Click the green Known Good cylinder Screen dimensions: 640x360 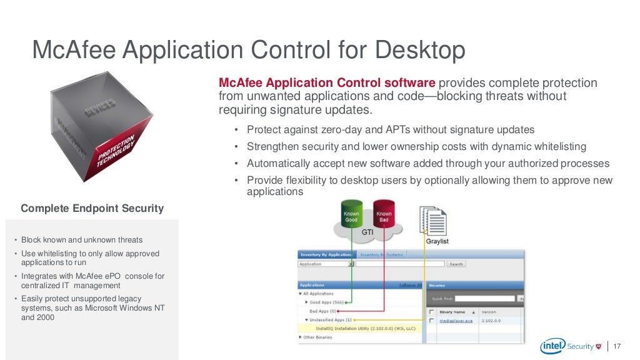click(351, 216)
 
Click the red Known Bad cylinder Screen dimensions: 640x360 click(384, 216)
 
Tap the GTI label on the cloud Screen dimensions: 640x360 click(367, 231)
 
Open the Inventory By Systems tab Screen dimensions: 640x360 click(381, 254)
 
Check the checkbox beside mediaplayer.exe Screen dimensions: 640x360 click(431, 320)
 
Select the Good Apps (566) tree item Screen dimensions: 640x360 click(327, 302)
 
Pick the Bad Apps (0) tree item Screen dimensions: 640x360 click(323, 311)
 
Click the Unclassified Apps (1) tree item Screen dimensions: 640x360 click(331, 319)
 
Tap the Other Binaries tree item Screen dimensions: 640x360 click(318, 337)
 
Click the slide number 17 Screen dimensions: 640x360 click(618, 346)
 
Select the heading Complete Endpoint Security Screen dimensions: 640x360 click(92, 209)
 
